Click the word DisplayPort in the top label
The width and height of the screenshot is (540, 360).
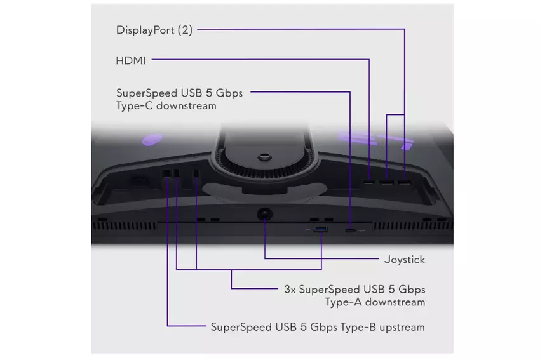145,30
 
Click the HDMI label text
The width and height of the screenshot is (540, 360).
131,61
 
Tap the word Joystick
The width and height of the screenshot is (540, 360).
405,259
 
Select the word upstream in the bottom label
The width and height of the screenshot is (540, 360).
400,328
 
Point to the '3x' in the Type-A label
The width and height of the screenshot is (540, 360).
289,290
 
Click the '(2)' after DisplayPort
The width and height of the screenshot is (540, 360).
184,30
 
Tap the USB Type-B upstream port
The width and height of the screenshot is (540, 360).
167,173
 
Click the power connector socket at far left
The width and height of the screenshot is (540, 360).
137,180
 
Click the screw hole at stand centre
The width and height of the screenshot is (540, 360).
262,154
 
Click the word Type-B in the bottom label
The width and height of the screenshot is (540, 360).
355,328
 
